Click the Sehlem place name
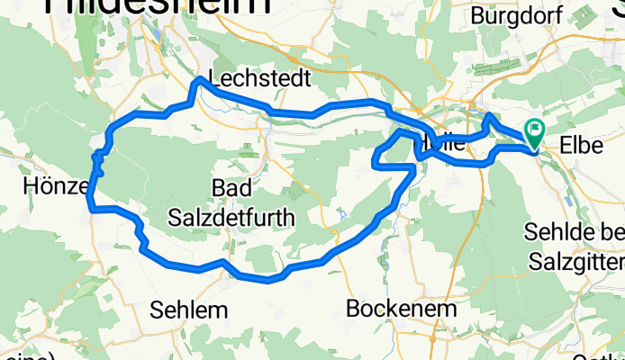pos(188,309)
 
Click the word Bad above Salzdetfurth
pos(230,188)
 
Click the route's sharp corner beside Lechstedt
pos(198,81)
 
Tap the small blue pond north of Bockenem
pos(343,214)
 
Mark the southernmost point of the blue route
pos(267,280)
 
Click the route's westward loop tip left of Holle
pos(375,162)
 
